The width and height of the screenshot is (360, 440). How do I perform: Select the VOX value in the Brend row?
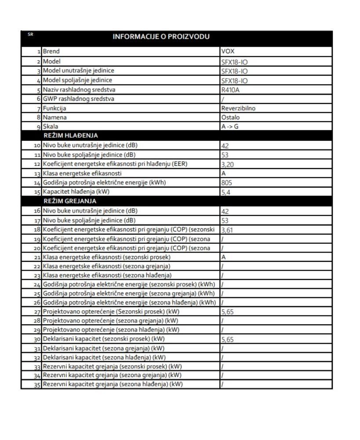228,52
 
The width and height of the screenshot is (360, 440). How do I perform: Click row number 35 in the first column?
38,385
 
